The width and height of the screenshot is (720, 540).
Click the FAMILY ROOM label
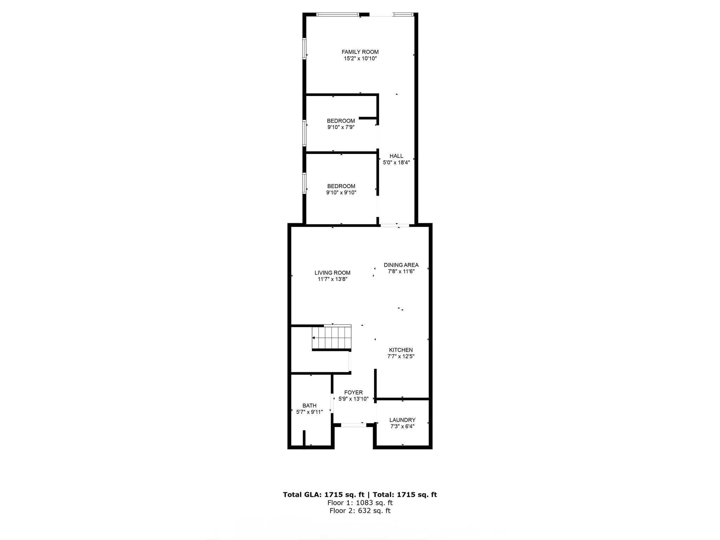[360, 52]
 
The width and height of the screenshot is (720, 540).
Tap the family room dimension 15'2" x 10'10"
[360, 59]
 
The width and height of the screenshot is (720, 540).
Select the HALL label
[396, 156]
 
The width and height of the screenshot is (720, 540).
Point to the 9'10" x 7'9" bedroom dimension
[341, 127]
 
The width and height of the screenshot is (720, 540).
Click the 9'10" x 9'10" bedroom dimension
[341, 193]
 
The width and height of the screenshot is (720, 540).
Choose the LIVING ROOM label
[332, 273]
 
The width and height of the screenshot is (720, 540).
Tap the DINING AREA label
[401, 265]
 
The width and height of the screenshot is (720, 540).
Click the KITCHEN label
[401, 350]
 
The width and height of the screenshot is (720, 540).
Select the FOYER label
[353, 393]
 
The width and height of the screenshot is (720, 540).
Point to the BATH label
[309, 406]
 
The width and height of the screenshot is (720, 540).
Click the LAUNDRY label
[402, 420]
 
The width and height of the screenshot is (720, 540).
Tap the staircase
[332, 337]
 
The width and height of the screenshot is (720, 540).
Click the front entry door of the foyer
[354, 425]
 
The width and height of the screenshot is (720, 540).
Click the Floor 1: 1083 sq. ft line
[360, 503]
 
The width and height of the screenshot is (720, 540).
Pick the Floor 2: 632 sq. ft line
[360, 511]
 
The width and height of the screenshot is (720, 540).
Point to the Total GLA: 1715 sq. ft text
[323, 495]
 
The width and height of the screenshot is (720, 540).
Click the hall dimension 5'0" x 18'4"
[396, 163]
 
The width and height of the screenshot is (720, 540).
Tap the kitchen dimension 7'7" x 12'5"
[401, 356]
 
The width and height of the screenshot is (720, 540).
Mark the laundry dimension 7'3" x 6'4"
[402, 426]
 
